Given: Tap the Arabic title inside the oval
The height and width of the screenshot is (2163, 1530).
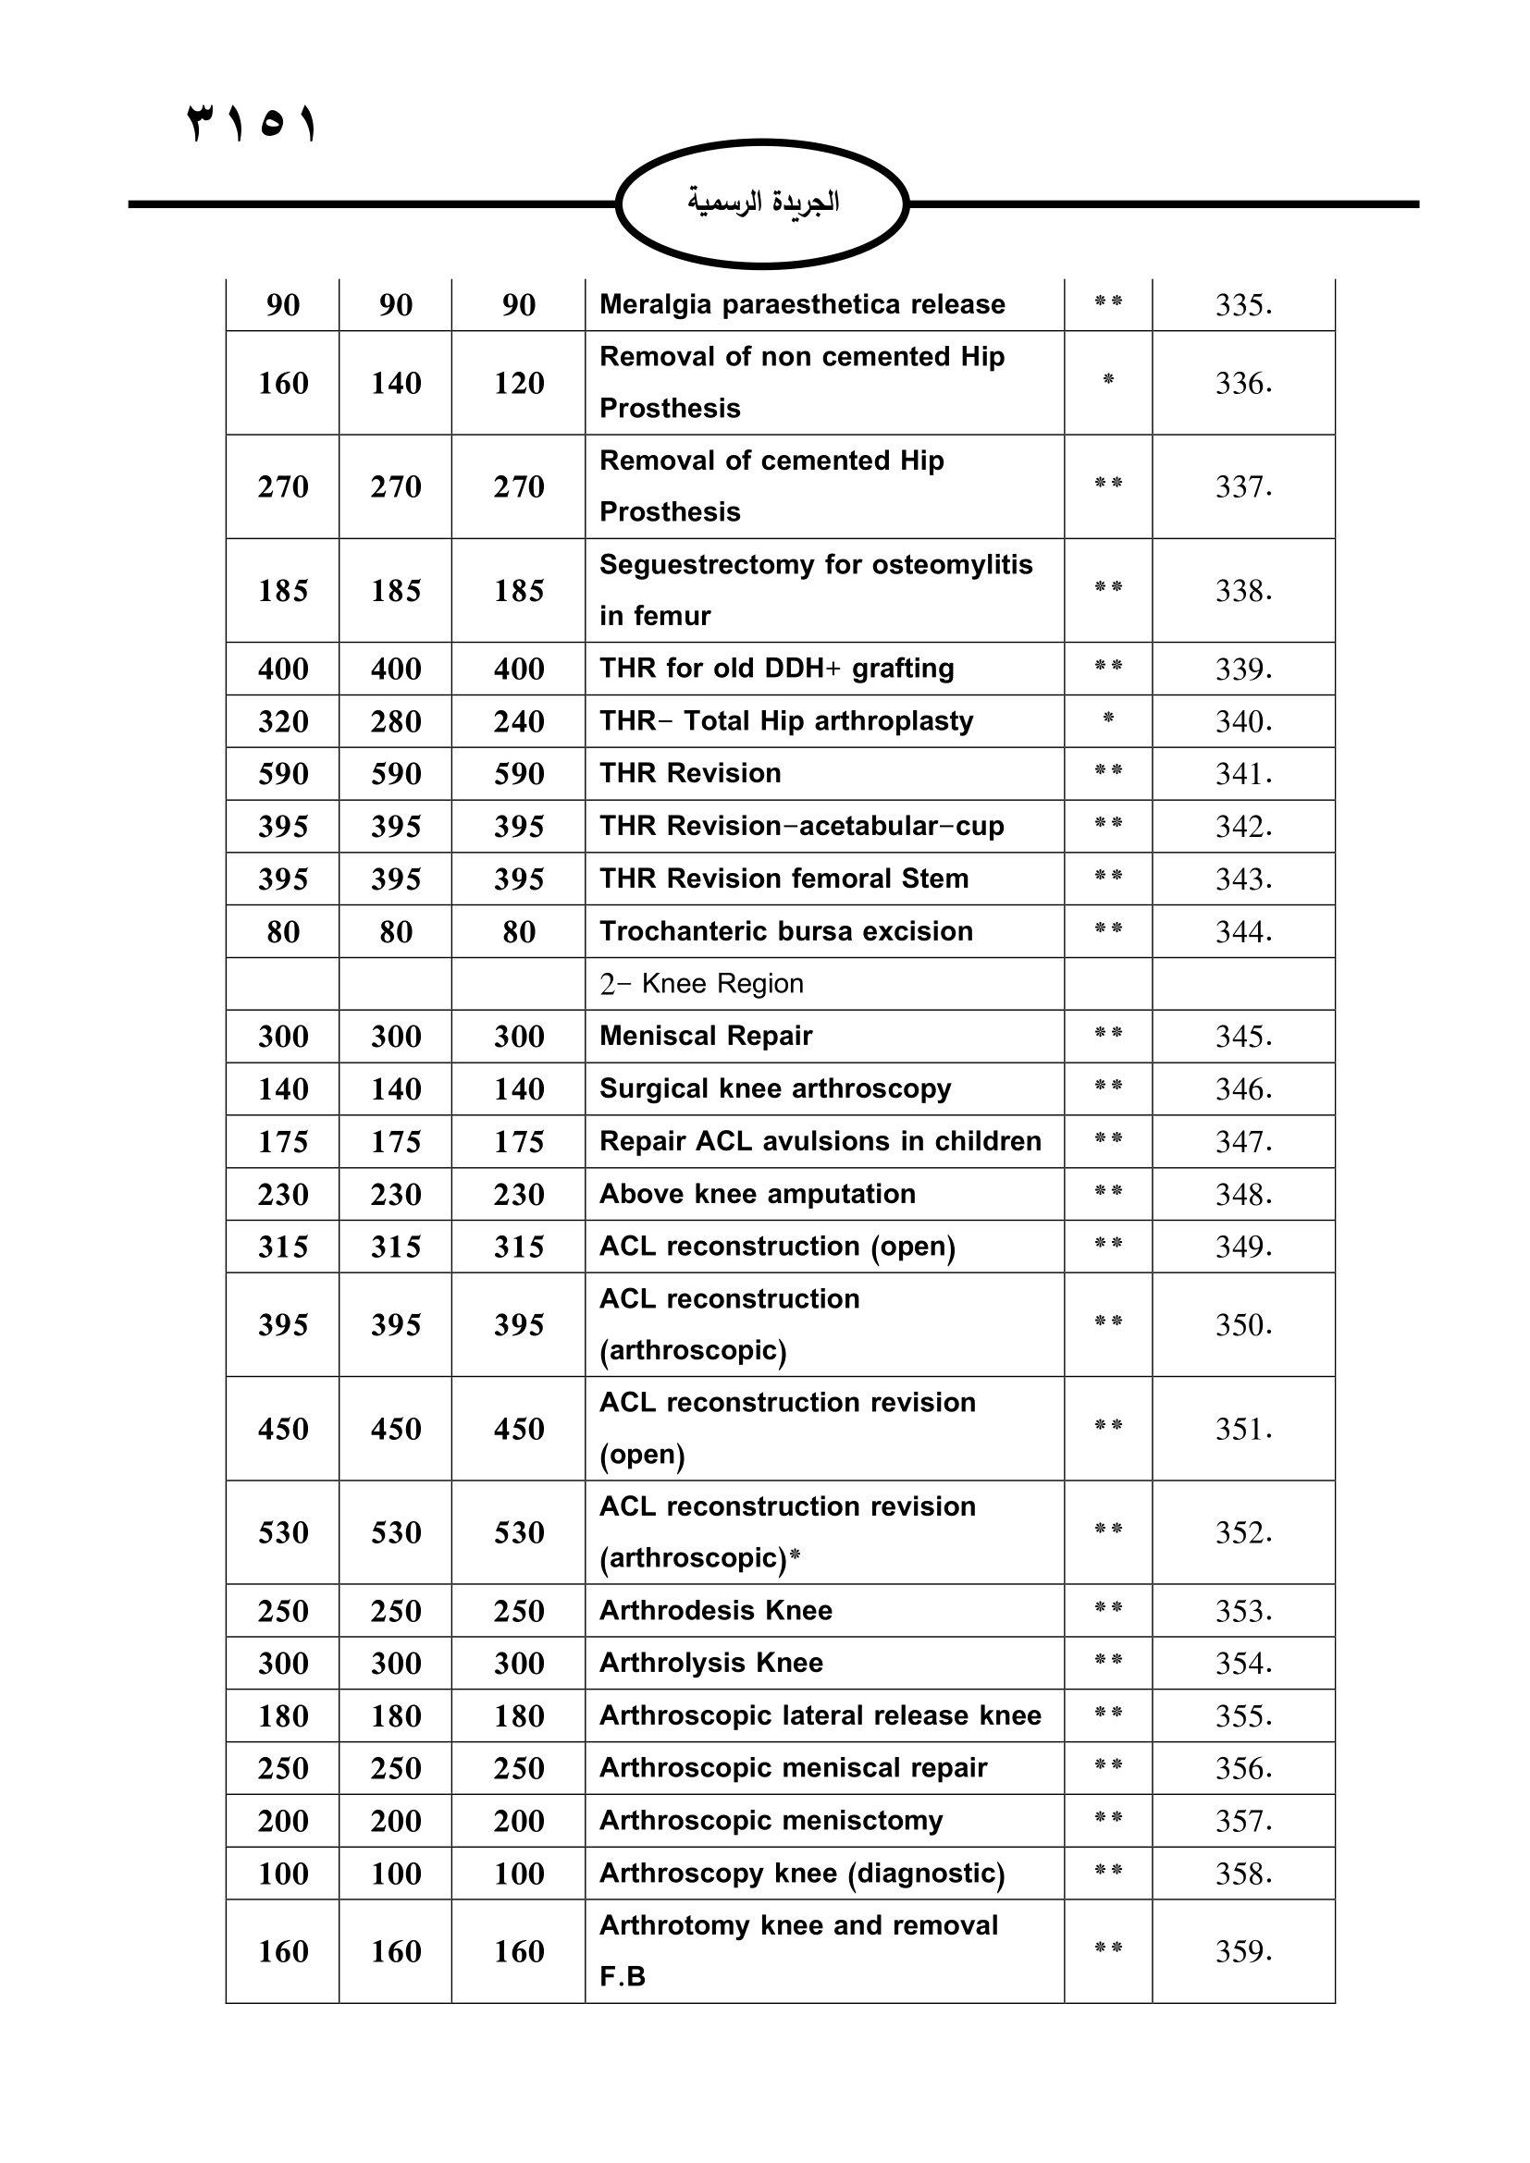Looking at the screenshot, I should pos(763,202).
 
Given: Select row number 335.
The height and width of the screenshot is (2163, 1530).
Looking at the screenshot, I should pos(1242,305).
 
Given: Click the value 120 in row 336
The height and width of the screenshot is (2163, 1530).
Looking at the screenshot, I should pos(518,384).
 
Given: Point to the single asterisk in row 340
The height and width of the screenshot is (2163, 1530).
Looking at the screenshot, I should pos(1108,719).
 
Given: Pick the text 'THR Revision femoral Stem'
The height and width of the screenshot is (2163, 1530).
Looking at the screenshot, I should pos(784,878).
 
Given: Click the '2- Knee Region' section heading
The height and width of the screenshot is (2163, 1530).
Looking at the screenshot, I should pos(701,984).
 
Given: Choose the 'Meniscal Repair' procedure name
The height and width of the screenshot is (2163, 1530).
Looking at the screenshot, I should pos(706,1037).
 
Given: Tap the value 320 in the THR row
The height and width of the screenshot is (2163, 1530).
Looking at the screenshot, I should pos(283,721).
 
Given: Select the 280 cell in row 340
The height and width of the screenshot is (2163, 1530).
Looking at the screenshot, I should pos(396,721).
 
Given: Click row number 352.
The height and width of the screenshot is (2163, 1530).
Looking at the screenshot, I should pos(1242,1532).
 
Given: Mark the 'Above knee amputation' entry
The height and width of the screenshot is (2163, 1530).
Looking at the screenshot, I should pos(758,1194).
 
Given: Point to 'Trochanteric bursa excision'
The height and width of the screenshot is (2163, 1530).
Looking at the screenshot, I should pos(785,931).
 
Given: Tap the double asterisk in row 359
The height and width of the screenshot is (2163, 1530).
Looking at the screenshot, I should pos(1108,1948).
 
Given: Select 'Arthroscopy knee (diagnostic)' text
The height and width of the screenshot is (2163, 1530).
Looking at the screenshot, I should pos(802,1873).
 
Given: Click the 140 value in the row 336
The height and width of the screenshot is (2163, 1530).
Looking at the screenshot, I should pos(396,384).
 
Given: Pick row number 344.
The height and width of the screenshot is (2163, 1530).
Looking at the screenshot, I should pos(1242,932).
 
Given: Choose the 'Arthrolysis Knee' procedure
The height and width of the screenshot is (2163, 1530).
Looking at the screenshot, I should pos(711,1663).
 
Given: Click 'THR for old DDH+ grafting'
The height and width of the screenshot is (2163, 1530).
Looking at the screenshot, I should pos(776,668).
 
